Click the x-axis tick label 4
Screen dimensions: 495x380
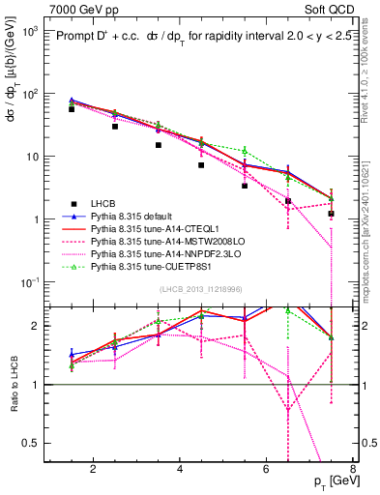(x=180, y=471)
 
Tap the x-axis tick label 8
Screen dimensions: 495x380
(x=355, y=471)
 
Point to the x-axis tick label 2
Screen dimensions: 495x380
(x=93, y=471)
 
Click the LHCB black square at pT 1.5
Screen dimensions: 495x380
(x=72, y=109)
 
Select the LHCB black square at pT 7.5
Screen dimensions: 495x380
(x=332, y=214)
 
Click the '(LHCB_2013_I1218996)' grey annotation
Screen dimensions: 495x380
(x=201, y=291)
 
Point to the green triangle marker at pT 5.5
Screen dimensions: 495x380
(x=245, y=151)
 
